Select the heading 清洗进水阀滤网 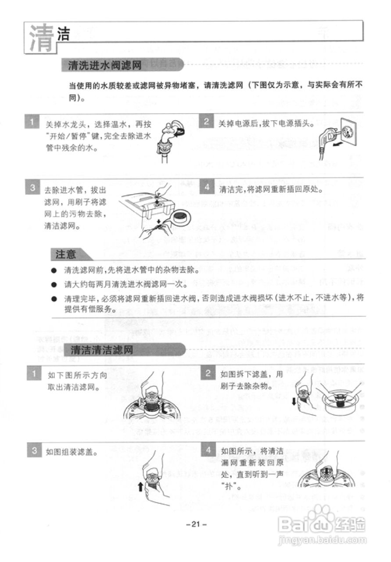click(x=104, y=66)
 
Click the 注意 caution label click(x=66, y=254)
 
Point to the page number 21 click(x=196, y=524)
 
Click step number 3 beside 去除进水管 click(x=33, y=187)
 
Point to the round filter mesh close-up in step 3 click(x=181, y=217)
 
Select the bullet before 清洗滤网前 click(x=54, y=269)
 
